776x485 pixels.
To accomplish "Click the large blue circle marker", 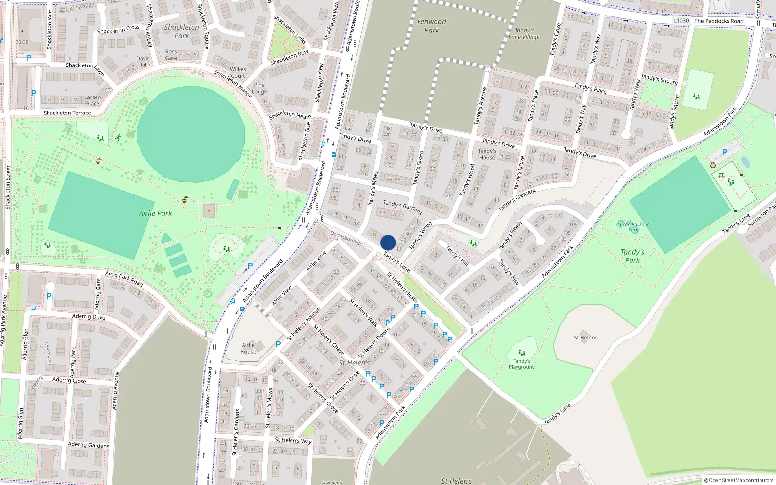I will click(x=388, y=242).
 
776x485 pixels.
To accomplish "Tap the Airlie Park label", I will click(x=155, y=213).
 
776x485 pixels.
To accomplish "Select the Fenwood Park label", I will click(x=431, y=26).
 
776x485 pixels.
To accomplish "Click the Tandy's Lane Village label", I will click(x=524, y=33).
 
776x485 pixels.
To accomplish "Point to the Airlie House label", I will click(x=248, y=348).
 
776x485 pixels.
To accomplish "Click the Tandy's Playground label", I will click(x=522, y=364).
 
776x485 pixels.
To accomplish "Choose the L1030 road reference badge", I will click(x=681, y=21).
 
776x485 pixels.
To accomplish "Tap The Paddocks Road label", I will click(x=719, y=21).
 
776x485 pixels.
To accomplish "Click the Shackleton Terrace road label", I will click(x=67, y=113).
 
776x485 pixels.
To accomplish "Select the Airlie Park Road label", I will click(x=124, y=278).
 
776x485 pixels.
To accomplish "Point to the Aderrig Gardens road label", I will click(x=89, y=445).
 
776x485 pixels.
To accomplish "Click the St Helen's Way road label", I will click(x=293, y=440).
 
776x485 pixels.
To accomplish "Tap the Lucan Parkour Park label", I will click(x=633, y=227).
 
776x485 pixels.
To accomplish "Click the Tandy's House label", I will click(x=487, y=154).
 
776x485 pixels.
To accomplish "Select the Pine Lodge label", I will click(x=259, y=88).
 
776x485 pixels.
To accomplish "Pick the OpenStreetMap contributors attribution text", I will click(x=738, y=481).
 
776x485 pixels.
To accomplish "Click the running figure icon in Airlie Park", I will click(x=118, y=138).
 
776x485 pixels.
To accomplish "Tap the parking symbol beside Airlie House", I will click(x=278, y=344).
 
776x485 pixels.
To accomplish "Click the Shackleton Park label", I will click(x=181, y=32).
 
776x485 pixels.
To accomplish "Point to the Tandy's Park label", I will click(x=632, y=256).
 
